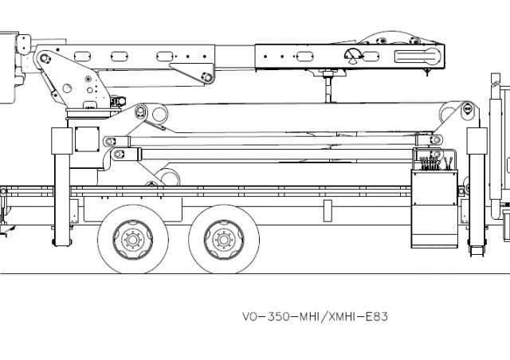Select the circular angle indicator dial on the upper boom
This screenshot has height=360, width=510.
click(351, 55)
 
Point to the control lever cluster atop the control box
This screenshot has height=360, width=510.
click(433, 162)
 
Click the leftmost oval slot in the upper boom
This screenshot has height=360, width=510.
click(81, 56)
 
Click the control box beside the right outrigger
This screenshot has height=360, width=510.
click(434, 207)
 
